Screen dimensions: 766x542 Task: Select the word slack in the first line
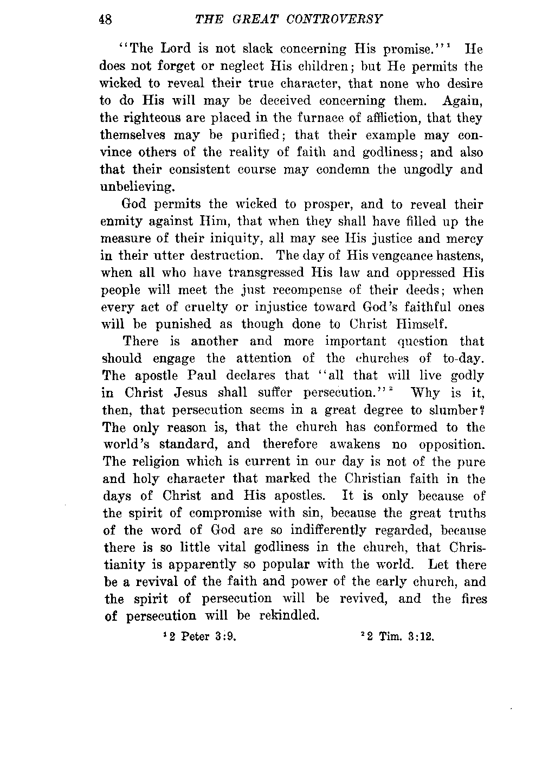[x=262, y=49]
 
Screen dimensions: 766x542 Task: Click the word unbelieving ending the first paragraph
[x=138, y=188]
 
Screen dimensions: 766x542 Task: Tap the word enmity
[x=121, y=222]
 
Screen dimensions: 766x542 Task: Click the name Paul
[x=201, y=376]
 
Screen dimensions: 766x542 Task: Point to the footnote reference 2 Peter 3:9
[x=198, y=636]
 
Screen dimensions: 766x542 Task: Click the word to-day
[x=462, y=359]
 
